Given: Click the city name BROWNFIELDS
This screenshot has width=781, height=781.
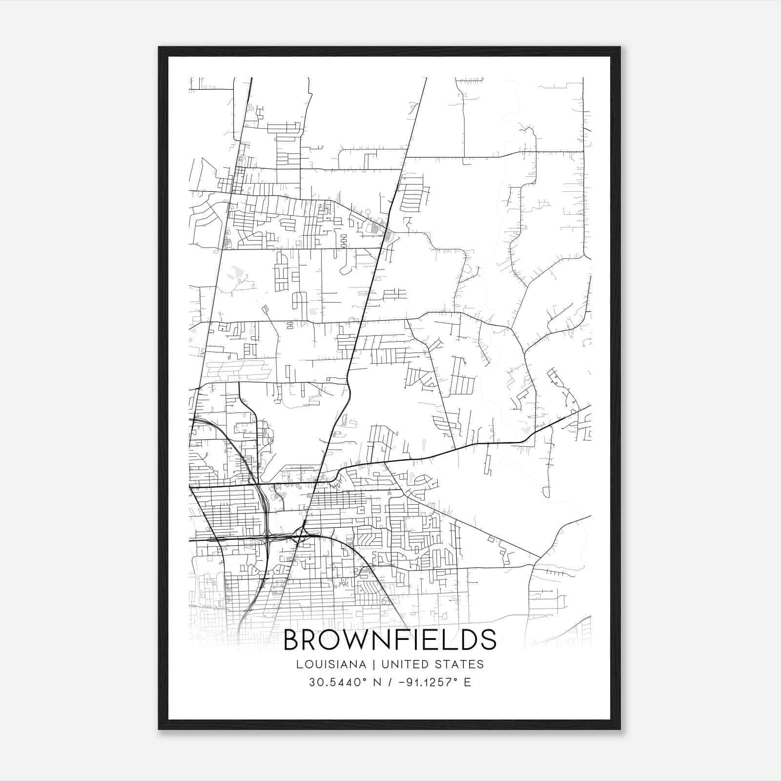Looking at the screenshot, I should click(390, 639).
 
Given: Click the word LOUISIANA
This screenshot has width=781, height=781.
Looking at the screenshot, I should click(330, 664).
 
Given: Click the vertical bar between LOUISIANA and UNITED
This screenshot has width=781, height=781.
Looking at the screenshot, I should click(373, 664).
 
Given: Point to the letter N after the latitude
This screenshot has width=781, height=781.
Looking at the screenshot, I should click(376, 682).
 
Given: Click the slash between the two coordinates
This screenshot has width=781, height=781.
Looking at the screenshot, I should click(389, 682).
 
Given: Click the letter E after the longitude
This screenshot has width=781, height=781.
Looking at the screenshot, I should click(468, 682).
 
